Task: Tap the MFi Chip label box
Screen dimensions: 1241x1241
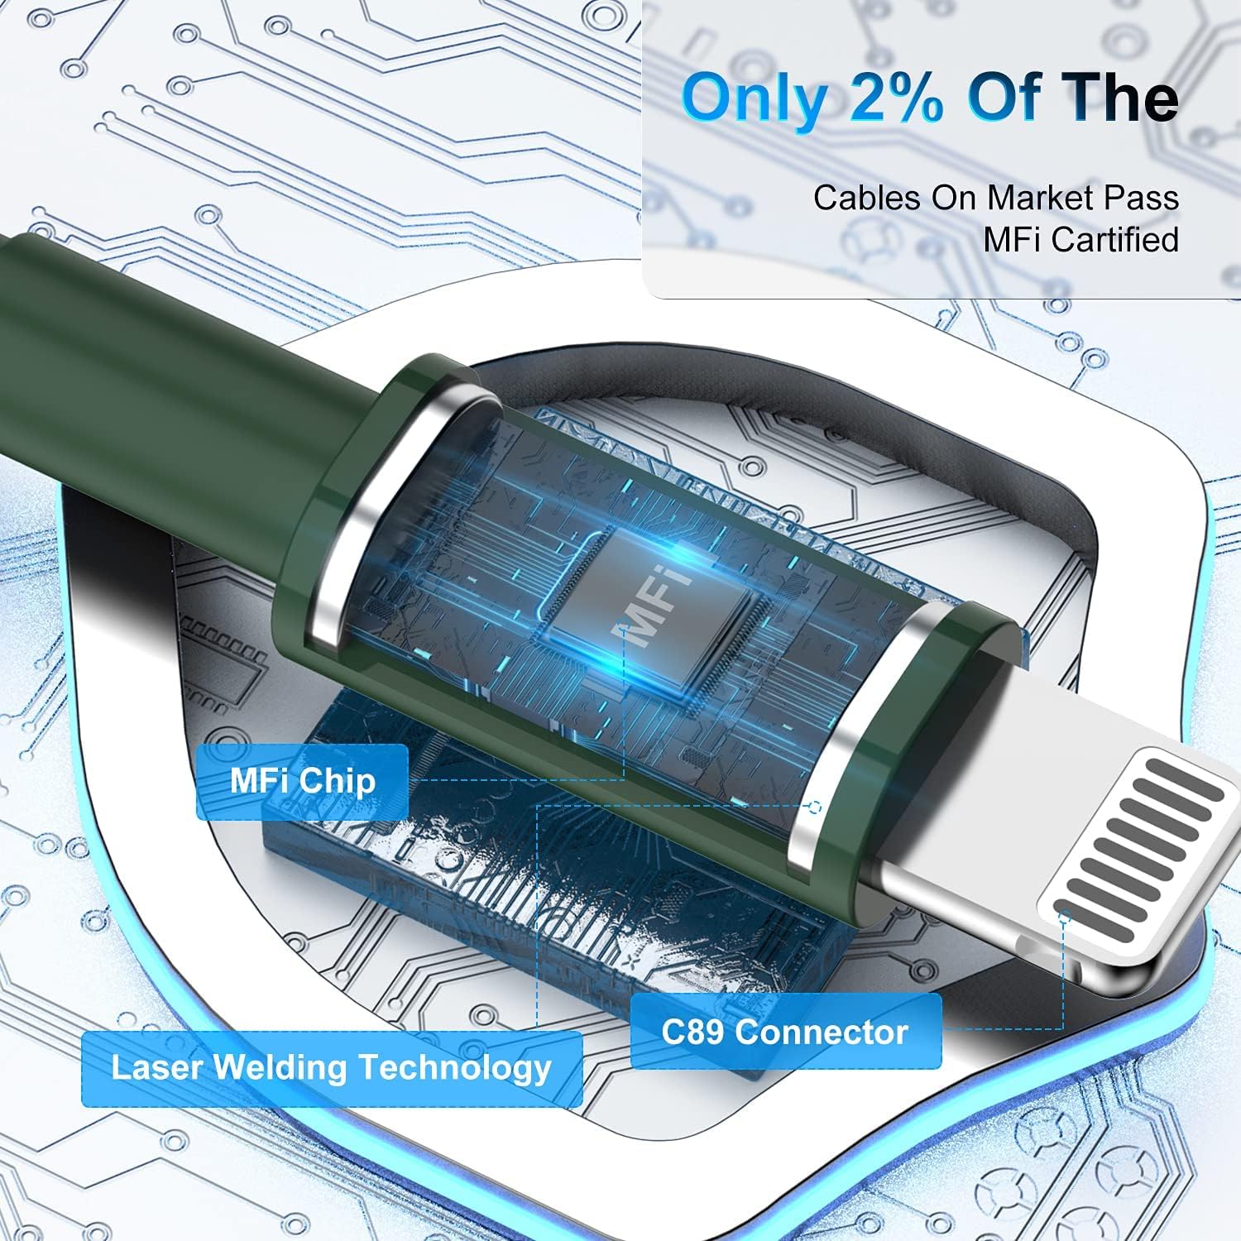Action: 302,782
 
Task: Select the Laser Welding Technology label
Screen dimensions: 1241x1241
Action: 332,1069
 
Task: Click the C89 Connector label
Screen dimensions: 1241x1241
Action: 786,1032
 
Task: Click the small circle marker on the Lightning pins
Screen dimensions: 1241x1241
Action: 1065,917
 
